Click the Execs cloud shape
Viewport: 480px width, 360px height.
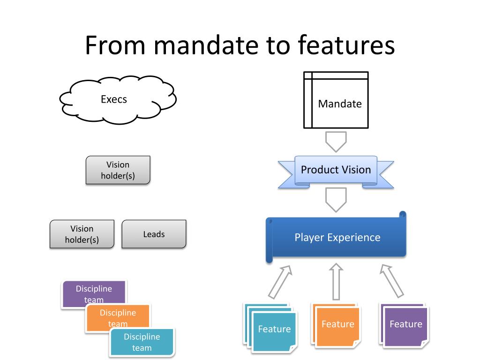coord(118,99)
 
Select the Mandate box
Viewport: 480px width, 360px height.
coord(336,100)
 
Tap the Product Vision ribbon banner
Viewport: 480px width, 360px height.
coord(336,172)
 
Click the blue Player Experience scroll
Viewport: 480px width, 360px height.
coord(336,237)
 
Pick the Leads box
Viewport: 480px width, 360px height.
coord(154,234)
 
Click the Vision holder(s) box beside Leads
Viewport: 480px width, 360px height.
coord(82,234)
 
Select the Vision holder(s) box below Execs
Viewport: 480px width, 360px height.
coord(118,170)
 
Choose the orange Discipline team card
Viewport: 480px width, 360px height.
coord(118,317)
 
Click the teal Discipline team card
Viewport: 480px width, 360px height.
coord(142,342)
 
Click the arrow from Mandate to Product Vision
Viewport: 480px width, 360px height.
coord(336,142)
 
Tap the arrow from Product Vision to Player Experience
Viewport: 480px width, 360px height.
coord(336,200)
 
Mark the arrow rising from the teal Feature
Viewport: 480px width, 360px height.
coord(280,282)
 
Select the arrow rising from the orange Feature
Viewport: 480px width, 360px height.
coord(336,281)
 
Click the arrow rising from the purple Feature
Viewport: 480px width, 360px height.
coord(391,281)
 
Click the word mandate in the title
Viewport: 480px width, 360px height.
coord(207,45)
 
